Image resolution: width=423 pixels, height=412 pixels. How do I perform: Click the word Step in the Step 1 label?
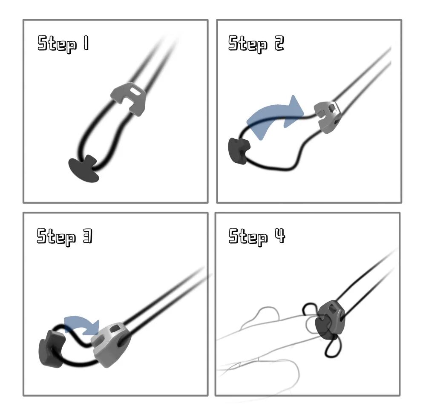coord(57,44)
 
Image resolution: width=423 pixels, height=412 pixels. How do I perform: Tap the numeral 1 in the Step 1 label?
coord(86,43)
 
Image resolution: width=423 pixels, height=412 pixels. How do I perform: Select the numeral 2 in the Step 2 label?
coord(279,43)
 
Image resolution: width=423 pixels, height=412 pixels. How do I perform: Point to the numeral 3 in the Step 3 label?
coord(88,236)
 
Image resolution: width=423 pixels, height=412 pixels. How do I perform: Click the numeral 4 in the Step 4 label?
coord(280,236)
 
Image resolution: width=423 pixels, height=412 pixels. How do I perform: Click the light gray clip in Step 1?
coord(129,98)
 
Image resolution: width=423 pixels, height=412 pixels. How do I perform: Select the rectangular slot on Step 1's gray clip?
coord(134,90)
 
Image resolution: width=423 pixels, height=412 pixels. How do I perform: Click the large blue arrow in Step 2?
coord(275,116)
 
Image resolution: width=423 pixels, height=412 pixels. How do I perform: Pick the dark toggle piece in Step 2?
coord(239,151)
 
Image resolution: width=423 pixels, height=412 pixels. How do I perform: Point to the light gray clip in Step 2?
coord(328,117)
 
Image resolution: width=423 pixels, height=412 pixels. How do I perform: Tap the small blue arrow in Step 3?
coord(82,325)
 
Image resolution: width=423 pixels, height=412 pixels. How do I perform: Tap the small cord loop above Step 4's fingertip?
coord(310,309)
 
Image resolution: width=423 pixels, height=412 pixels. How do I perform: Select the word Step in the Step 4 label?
coord(248,236)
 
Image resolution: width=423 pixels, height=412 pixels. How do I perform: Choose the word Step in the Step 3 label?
coord(56,237)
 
